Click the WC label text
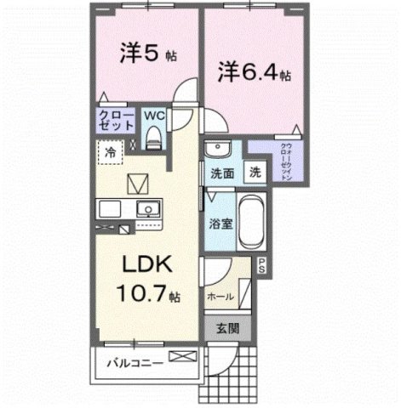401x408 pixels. click(154, 113)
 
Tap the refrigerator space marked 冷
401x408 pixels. click(112, 153)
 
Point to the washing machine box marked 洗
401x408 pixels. click(255, 171)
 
